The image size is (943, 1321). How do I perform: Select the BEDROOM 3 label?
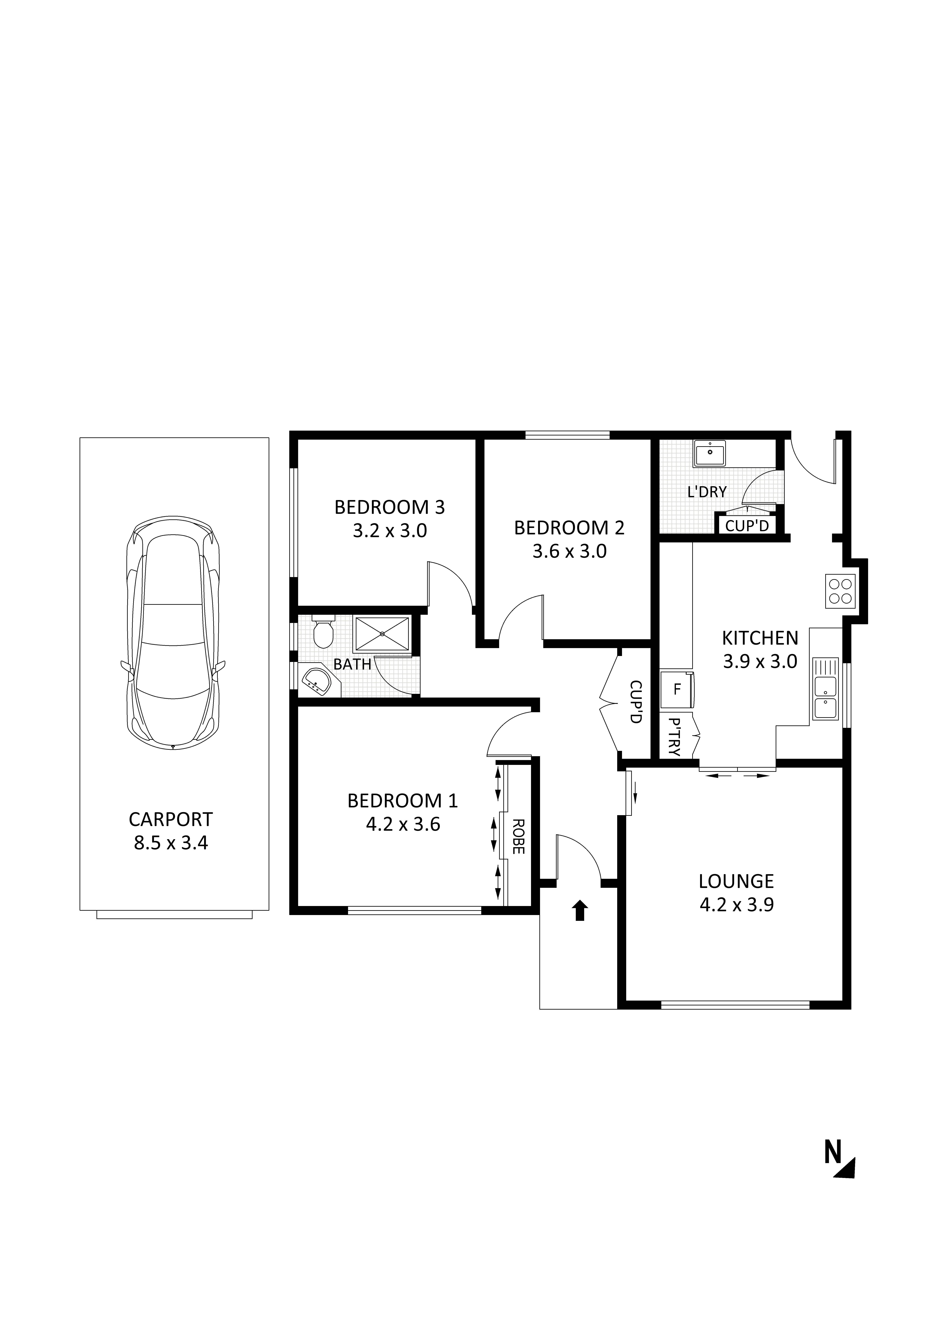click(390, 507)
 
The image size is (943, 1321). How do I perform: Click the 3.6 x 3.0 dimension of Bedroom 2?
click(570, 551)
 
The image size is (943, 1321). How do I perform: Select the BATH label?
click(352, 664)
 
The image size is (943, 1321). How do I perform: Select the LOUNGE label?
click(736, 881)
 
